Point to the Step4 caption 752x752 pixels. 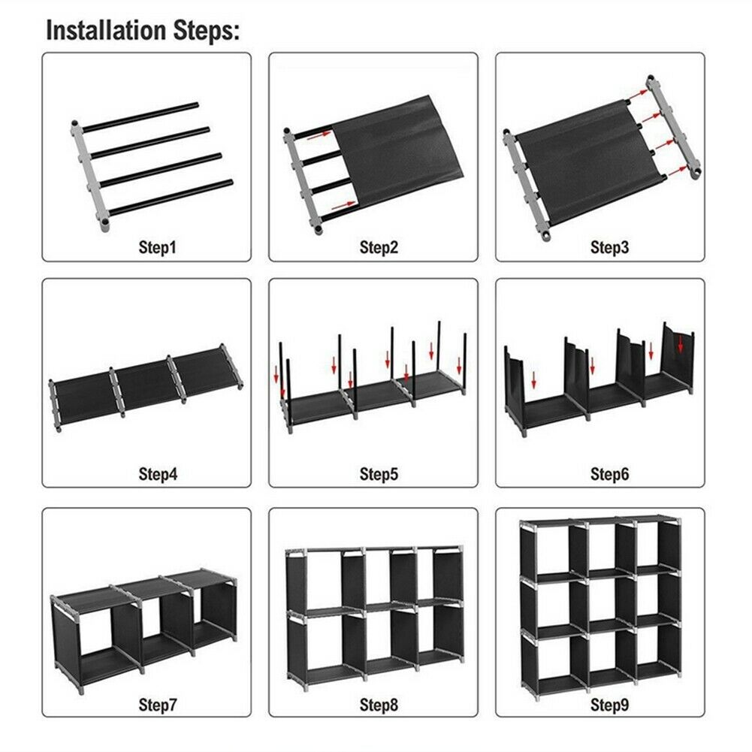[x=158, y=474]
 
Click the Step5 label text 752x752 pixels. [x=379, y=474]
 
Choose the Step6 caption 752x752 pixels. [x=609, y=474]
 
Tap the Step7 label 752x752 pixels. [x=158, y=705]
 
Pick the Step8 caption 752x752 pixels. [x=379, y=705]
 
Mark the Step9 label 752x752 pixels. [x=609, y=705]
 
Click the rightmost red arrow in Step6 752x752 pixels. [x=681, y=344]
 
